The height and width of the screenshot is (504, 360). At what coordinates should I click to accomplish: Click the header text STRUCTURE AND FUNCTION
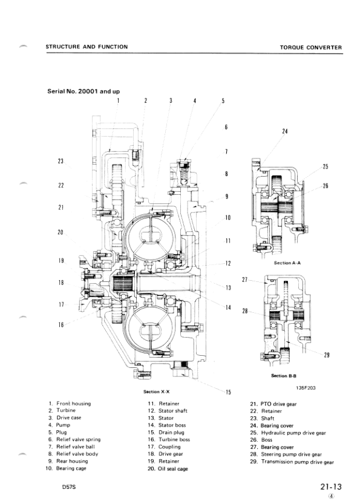coord(87,47)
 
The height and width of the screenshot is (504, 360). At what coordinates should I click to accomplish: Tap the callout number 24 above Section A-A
coord(285,131)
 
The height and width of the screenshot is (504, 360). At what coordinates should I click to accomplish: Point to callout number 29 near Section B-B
coord(327,355)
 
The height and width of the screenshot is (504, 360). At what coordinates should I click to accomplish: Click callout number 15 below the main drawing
coord(228,392)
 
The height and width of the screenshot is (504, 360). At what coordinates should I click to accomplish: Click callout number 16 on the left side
coord(61,325)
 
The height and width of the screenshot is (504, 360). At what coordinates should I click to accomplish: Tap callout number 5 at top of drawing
coord(223,101)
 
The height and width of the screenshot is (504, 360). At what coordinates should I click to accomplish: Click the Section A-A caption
coord(287,263)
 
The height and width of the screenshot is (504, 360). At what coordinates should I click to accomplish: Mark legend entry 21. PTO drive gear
coord(277,403)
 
